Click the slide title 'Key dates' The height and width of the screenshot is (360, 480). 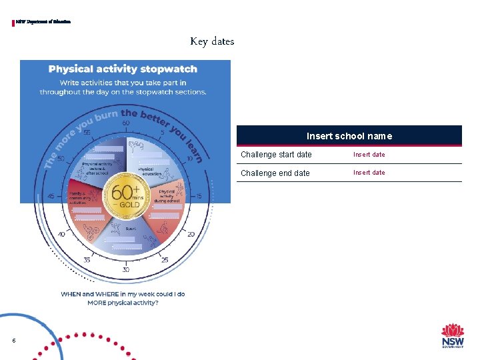[x=212, y=41]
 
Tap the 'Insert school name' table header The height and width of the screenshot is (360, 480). [x=349, y=136]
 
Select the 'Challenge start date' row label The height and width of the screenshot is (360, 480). [x=276, y=155]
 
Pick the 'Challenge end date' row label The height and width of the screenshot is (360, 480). [x=275, y=173]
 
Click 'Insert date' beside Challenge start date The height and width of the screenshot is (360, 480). [x=369, y=155]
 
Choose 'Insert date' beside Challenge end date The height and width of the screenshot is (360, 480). [x=369, y=173]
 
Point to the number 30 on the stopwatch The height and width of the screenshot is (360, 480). [x=126, y=269]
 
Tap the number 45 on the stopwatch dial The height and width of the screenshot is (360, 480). [x=51, y=196]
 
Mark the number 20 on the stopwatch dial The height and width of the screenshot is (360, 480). [x=191, y=234]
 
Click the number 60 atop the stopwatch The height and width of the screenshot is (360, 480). [x=126, y=123]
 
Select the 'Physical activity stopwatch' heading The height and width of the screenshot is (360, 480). [x=123, y=69]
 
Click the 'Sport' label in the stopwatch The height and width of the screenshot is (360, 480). [x=131, y=229]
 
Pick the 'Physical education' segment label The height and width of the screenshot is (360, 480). [x=145, y=171]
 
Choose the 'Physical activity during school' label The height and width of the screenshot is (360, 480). [x=166, y=194]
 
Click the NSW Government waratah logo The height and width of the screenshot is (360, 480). [x=453, y=335]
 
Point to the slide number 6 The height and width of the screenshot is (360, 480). [x=13, y=341]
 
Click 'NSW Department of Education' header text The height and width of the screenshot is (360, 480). [x=43, y=22]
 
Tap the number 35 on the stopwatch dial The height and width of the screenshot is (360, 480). [x=87, y=259]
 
